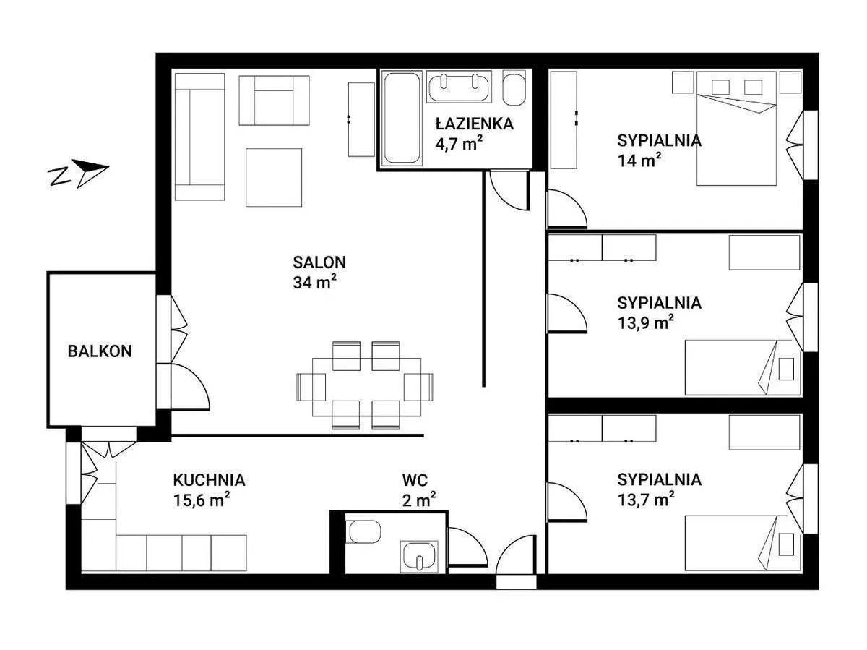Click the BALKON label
(x=100, y=351)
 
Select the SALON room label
(x=319, y=262)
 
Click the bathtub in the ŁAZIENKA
(x=402, y=117)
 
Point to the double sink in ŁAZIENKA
(x=459, y=87)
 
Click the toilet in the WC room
(x=364, y=531)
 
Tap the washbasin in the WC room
(x=419, y=556)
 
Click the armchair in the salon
(x=274, y=101)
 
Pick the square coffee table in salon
(x=274, y=177)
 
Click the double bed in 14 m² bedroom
(x=736, y=129)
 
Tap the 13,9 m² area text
(x=645, y=322)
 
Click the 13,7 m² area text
(x=645, y=500)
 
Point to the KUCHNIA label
(x=209, y=479)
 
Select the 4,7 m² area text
(x=459, y=143)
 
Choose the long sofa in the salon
(x=200, y=137)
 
